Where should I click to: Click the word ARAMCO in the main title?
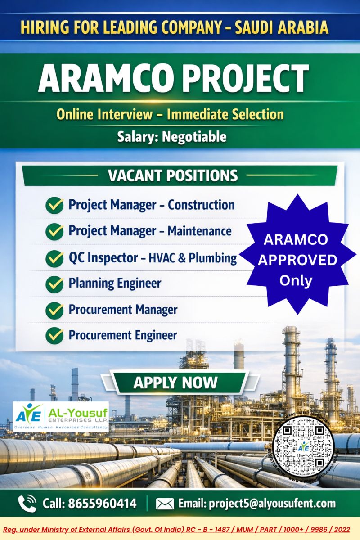tap(108, 79)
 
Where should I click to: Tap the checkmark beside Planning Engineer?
tap(55, 283)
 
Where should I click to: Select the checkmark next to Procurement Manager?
tap(55, 310)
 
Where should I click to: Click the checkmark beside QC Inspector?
tap(55, 258)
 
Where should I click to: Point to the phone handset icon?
tap(27, 503)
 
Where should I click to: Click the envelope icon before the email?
tap(165, 503)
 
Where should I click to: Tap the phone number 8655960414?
tap(102, 503)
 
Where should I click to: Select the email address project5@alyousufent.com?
tap(257, 503)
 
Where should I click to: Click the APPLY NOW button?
tap(175, 383)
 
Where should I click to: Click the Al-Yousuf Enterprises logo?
tap(61, 416)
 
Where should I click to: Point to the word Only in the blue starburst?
tap(296, 280)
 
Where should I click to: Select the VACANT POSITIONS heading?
tap(173, 175)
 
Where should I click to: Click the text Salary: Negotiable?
tap(172, 136)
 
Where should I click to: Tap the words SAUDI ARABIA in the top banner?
tap(282, 28)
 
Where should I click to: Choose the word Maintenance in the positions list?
tap(199, 231)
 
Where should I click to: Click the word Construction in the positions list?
tap(201, 205)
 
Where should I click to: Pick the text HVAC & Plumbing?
tap(193, 258)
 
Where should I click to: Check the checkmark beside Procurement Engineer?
tap(55, 335)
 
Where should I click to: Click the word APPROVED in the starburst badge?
tap(297, 260)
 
